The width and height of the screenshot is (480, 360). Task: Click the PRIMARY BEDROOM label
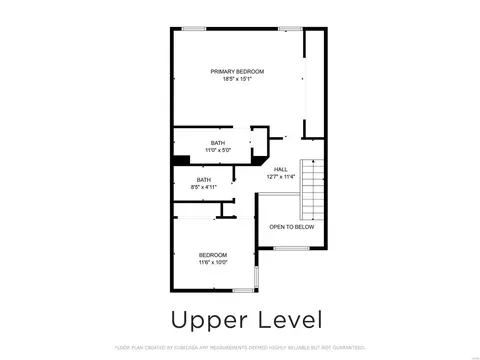click(237, 71)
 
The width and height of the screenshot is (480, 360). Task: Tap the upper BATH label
click(217, 143)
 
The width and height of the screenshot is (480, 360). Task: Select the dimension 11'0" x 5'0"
click(217, 150)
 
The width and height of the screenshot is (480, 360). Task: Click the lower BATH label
click(204, 180)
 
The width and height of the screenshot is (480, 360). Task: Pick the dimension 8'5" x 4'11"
click(204, 187)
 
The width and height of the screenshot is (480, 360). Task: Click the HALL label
click(281, 170)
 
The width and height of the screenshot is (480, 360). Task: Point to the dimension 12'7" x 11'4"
click(281, 177)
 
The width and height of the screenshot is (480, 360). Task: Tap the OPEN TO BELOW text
click(292, 227)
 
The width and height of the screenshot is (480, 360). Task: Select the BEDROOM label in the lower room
click(213, 255)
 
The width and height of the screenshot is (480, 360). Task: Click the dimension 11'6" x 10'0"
click(213, 262)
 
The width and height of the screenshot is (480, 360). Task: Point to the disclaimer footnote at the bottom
click(240, 348)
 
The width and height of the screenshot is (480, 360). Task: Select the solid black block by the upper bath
click(181, 159)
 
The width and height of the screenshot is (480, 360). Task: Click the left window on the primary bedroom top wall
click(193, 29)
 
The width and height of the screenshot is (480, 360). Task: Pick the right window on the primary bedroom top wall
click(291, 29)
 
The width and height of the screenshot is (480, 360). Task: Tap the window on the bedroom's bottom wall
click(243, 290)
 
